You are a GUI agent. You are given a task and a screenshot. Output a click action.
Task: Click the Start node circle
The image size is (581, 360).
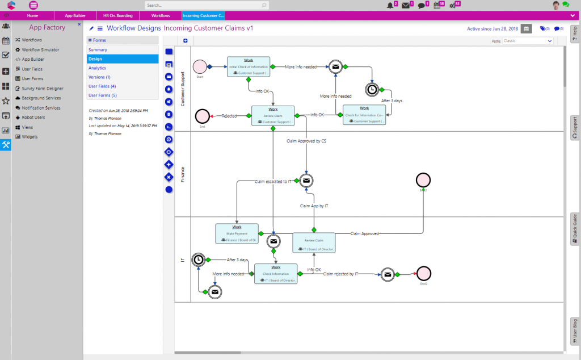(200, 66)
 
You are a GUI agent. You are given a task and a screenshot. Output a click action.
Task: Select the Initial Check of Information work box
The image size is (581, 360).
(249, 66)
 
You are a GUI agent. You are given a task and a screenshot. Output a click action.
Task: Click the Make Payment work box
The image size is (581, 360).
(237, 233)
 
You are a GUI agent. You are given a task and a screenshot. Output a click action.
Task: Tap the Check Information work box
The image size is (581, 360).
(276, 274)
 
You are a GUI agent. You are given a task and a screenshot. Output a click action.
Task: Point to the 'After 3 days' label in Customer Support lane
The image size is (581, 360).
(391, 101)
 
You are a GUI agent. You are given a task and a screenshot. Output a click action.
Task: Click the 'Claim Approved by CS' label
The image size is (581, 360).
(306, 140)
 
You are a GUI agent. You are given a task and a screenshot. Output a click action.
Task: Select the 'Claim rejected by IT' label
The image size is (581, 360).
(341, 274)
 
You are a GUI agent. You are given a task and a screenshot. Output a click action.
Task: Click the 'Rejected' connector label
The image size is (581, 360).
(229, 116)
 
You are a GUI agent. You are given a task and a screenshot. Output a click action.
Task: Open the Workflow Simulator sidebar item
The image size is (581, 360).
(40, 49)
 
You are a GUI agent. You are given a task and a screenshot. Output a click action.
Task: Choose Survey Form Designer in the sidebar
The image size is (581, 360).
(43, 89)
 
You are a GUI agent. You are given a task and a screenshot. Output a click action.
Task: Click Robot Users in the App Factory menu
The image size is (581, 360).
(33, 118)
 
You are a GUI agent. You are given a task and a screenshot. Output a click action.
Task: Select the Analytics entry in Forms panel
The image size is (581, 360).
(97, 68)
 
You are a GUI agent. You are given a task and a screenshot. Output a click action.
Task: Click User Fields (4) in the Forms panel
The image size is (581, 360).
(102, 86)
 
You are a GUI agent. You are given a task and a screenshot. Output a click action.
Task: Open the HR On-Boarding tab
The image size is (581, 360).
(117, 15)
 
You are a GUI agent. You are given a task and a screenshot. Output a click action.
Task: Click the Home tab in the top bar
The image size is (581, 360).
(32, 15)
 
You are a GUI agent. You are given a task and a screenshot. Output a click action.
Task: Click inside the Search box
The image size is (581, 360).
(204, 5)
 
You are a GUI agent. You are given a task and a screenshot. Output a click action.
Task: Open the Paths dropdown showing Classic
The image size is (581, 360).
(528, 41)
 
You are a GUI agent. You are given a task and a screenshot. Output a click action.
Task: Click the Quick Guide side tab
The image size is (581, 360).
(575, 229)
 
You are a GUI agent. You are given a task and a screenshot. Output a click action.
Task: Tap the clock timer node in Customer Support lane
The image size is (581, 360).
(372, 89)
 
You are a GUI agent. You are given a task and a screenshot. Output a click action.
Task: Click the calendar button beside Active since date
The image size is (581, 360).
(527, 28)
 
